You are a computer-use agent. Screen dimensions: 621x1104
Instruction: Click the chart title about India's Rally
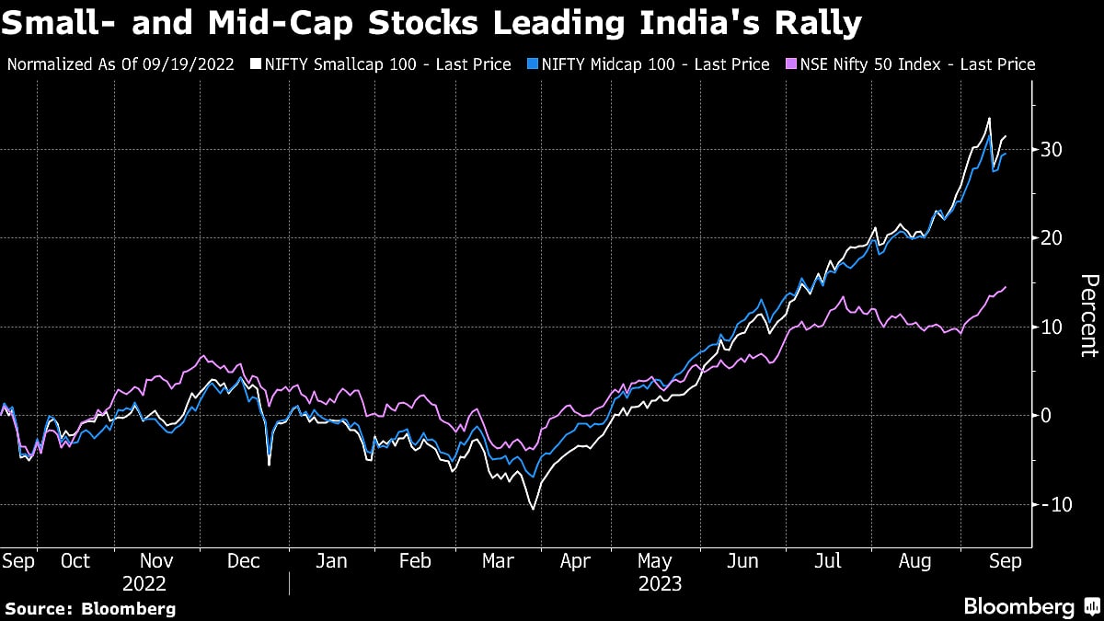(x=432, y=22)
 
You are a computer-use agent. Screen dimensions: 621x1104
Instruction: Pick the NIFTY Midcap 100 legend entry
(x=650, y=64)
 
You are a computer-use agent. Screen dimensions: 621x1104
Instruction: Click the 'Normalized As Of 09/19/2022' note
(x=120, y=64)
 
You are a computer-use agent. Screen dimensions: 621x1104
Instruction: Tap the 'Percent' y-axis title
(x=1088, y=316)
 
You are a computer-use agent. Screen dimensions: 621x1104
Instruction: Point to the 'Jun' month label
(x=743, y=561)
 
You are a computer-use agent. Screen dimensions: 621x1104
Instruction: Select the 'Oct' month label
(x=75, y=561)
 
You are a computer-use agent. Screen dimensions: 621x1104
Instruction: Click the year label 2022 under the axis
(x=144, y=583)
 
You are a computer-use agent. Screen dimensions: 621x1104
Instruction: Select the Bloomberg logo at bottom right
(x=1030, y=607)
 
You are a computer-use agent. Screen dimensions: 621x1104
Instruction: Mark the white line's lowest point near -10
(x=532, y=508)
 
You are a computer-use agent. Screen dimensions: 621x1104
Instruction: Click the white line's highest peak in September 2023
(x=989, y=119)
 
